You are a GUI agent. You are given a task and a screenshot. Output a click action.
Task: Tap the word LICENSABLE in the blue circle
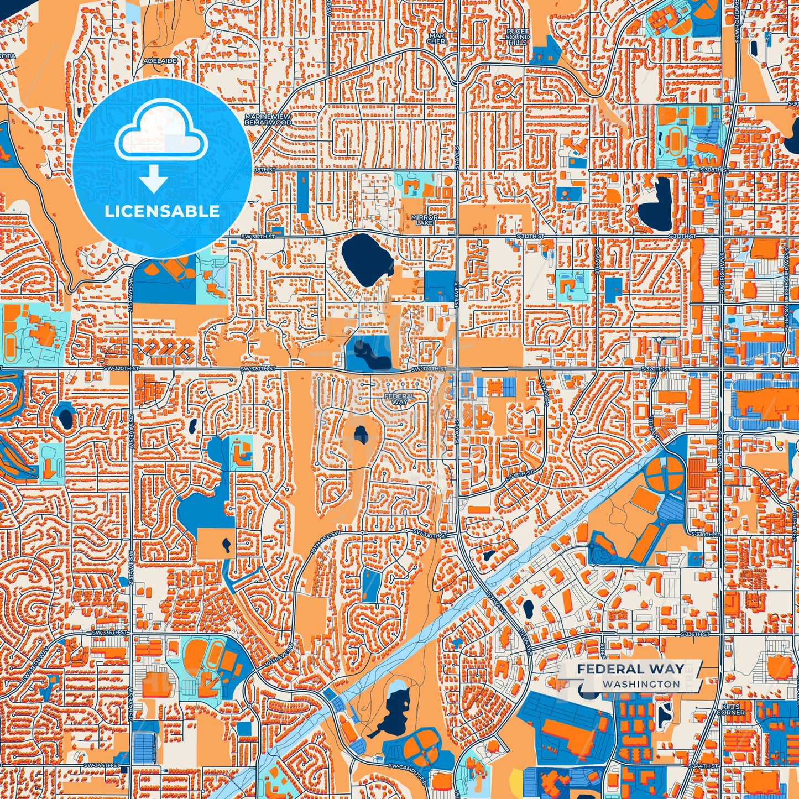(162, 211)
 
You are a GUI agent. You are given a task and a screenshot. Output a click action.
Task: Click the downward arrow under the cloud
(153, 178)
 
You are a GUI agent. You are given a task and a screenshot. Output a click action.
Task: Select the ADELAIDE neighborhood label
(160, 60)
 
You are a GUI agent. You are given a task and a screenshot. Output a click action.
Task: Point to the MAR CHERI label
(436, 38)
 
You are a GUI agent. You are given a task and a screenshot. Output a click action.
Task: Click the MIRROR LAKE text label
(424, 220)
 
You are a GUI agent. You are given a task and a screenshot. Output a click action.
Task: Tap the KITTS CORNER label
(733, 709)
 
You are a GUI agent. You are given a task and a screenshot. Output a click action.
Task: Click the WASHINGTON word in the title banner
(641, 684)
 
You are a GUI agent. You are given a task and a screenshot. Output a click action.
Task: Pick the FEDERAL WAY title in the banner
(630, 669)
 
